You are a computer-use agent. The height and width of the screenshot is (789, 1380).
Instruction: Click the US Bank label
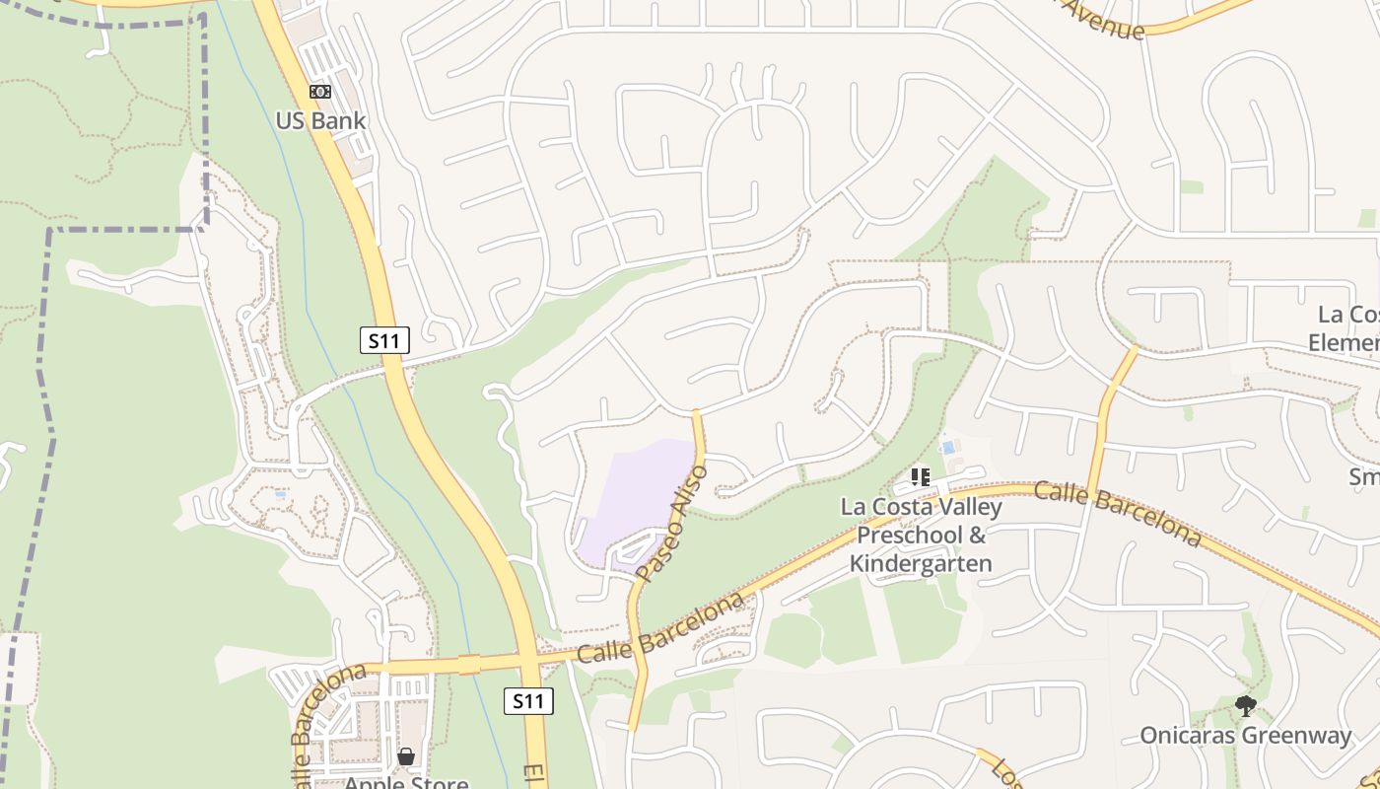click(x=320, y=121)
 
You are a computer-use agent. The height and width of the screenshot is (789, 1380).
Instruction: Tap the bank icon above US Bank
click(x=320, y=92)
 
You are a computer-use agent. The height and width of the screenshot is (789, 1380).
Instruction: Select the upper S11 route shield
click(x=383, y=341)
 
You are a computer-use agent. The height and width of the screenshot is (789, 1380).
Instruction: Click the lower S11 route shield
click(x=528, y=701)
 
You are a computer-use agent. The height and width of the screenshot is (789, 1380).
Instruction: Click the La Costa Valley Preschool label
click(x=921, y=536)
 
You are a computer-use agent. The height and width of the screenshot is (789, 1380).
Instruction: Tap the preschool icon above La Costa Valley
click(x=921, y=478)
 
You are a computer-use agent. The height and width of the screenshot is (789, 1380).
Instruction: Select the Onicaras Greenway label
click(x=1246, y=735)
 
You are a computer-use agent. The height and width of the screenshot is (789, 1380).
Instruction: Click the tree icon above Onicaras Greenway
click(x=1246, y=705)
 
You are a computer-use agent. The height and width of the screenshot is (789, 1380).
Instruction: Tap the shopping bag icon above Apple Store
click(x=405, y=756)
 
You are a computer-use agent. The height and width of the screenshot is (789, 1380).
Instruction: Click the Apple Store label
click(x=405, y=782)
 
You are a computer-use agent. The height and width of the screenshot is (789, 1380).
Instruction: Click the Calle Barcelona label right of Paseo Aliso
click(x=659, y=627)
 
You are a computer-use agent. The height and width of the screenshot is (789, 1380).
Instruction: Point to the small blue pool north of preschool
click(x=948, y=447)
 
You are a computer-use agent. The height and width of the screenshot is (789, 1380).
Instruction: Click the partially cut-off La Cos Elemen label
click(x=1346, y=328)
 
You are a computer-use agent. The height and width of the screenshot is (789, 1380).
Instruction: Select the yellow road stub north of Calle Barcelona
click(x=1111, y=414)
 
